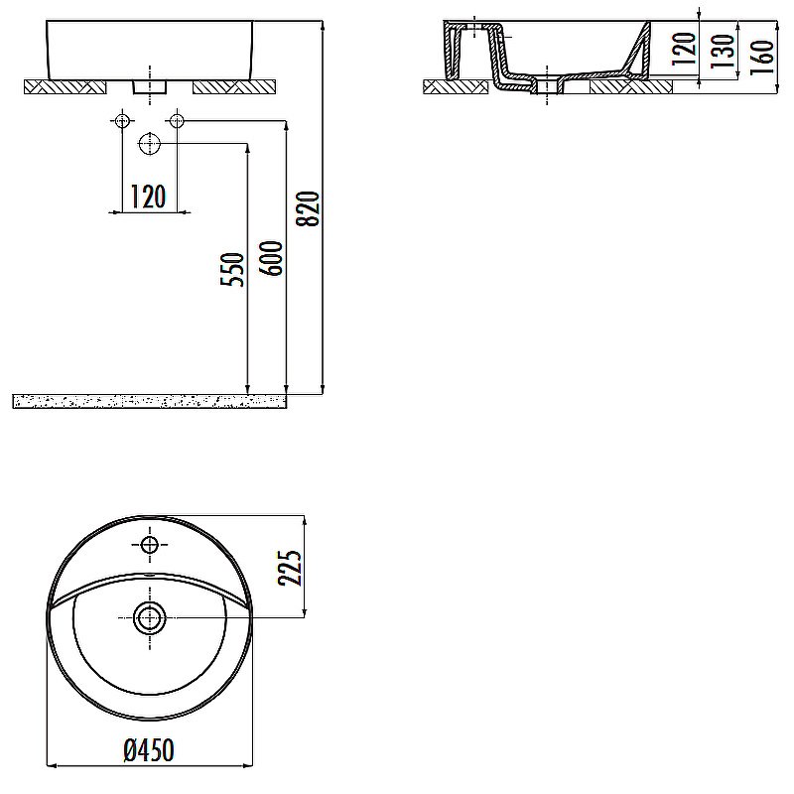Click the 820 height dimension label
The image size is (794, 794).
tap(309, 208)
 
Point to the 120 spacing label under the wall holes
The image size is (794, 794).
tap(149, 198)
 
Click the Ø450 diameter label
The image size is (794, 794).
tap(155, 751)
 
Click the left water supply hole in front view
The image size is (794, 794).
tap(122, 121)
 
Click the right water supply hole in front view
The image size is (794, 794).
tap(177, 121)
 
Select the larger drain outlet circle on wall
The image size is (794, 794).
tap(149, 144)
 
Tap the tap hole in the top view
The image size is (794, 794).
tap(149, 545)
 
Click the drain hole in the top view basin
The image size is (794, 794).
tap(149, 617)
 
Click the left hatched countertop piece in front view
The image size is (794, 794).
tap(65, 87)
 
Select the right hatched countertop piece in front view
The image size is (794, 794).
tap(233, 87)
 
